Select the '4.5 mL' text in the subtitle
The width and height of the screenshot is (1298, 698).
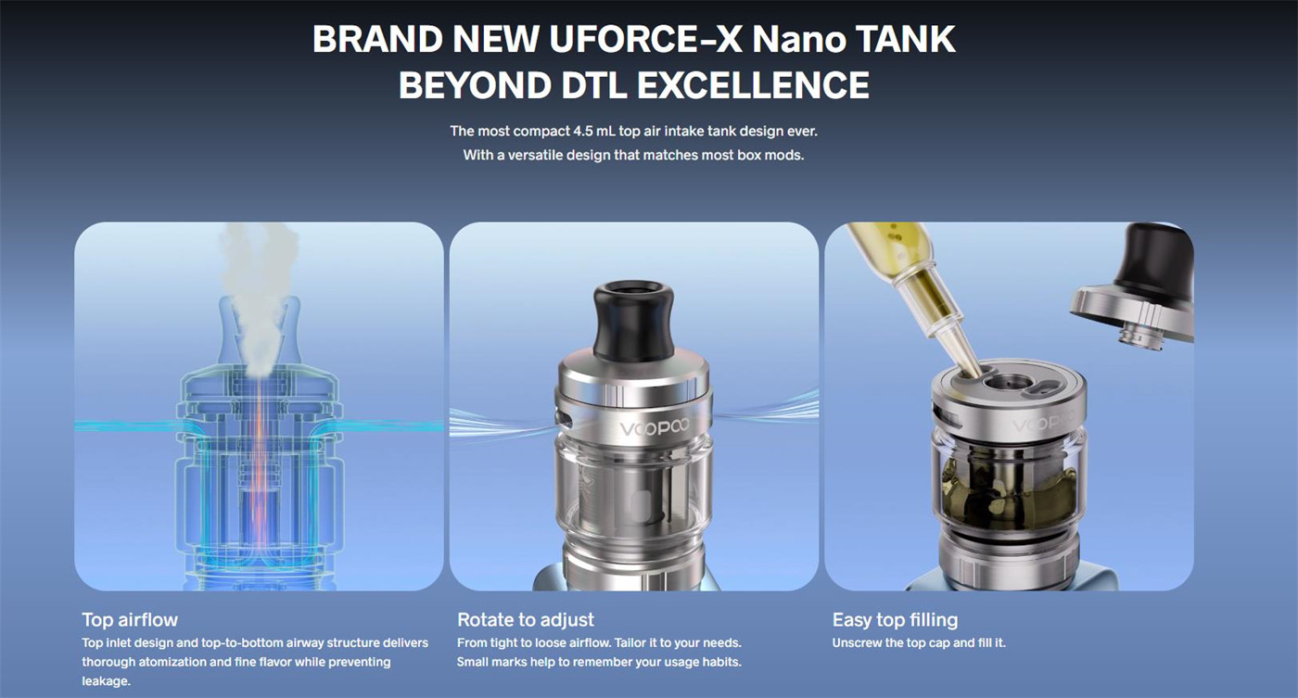594,131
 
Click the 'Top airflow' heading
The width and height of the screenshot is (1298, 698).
130,619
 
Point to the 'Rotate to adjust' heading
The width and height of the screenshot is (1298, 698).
526,619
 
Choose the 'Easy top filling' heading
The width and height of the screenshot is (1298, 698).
895,619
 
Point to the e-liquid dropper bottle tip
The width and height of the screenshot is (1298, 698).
969,362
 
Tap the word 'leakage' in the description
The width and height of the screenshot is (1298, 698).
106,681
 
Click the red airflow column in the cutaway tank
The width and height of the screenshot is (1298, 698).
259,482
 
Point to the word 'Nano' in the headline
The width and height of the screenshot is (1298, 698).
799,41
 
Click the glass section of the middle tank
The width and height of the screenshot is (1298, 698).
634,491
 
